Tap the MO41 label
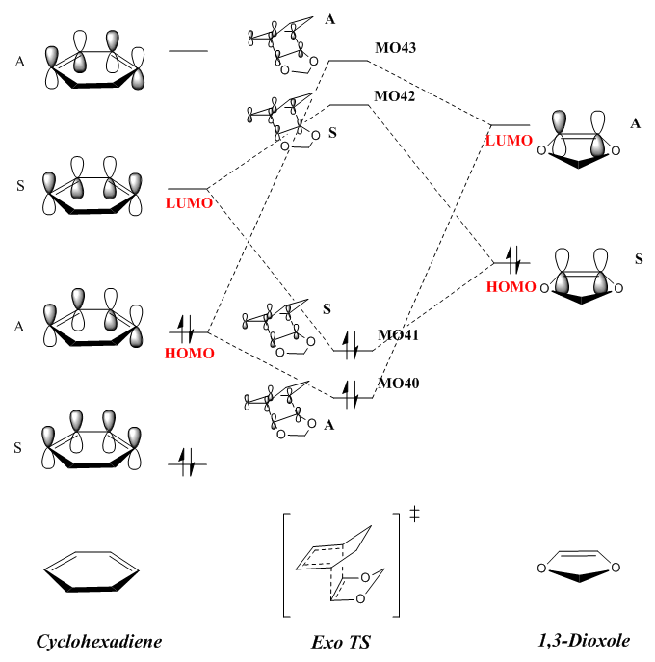pyautogui.click(x=398, y=335)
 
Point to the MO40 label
pyautogui.click(x=398, y=384)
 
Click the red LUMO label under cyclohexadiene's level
pyautogui.click(x=188, y=203)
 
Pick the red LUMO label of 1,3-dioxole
pyautogui.click(x=508, y=140)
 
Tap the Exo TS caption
pyautogui.click(x=340, y=641)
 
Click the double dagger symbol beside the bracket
pyautogui.click(x=415, y=513)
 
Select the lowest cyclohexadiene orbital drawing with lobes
pyautogui.click(x=92, y=446)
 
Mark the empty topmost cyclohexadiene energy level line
pyautogui.click(x=188, y=49)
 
